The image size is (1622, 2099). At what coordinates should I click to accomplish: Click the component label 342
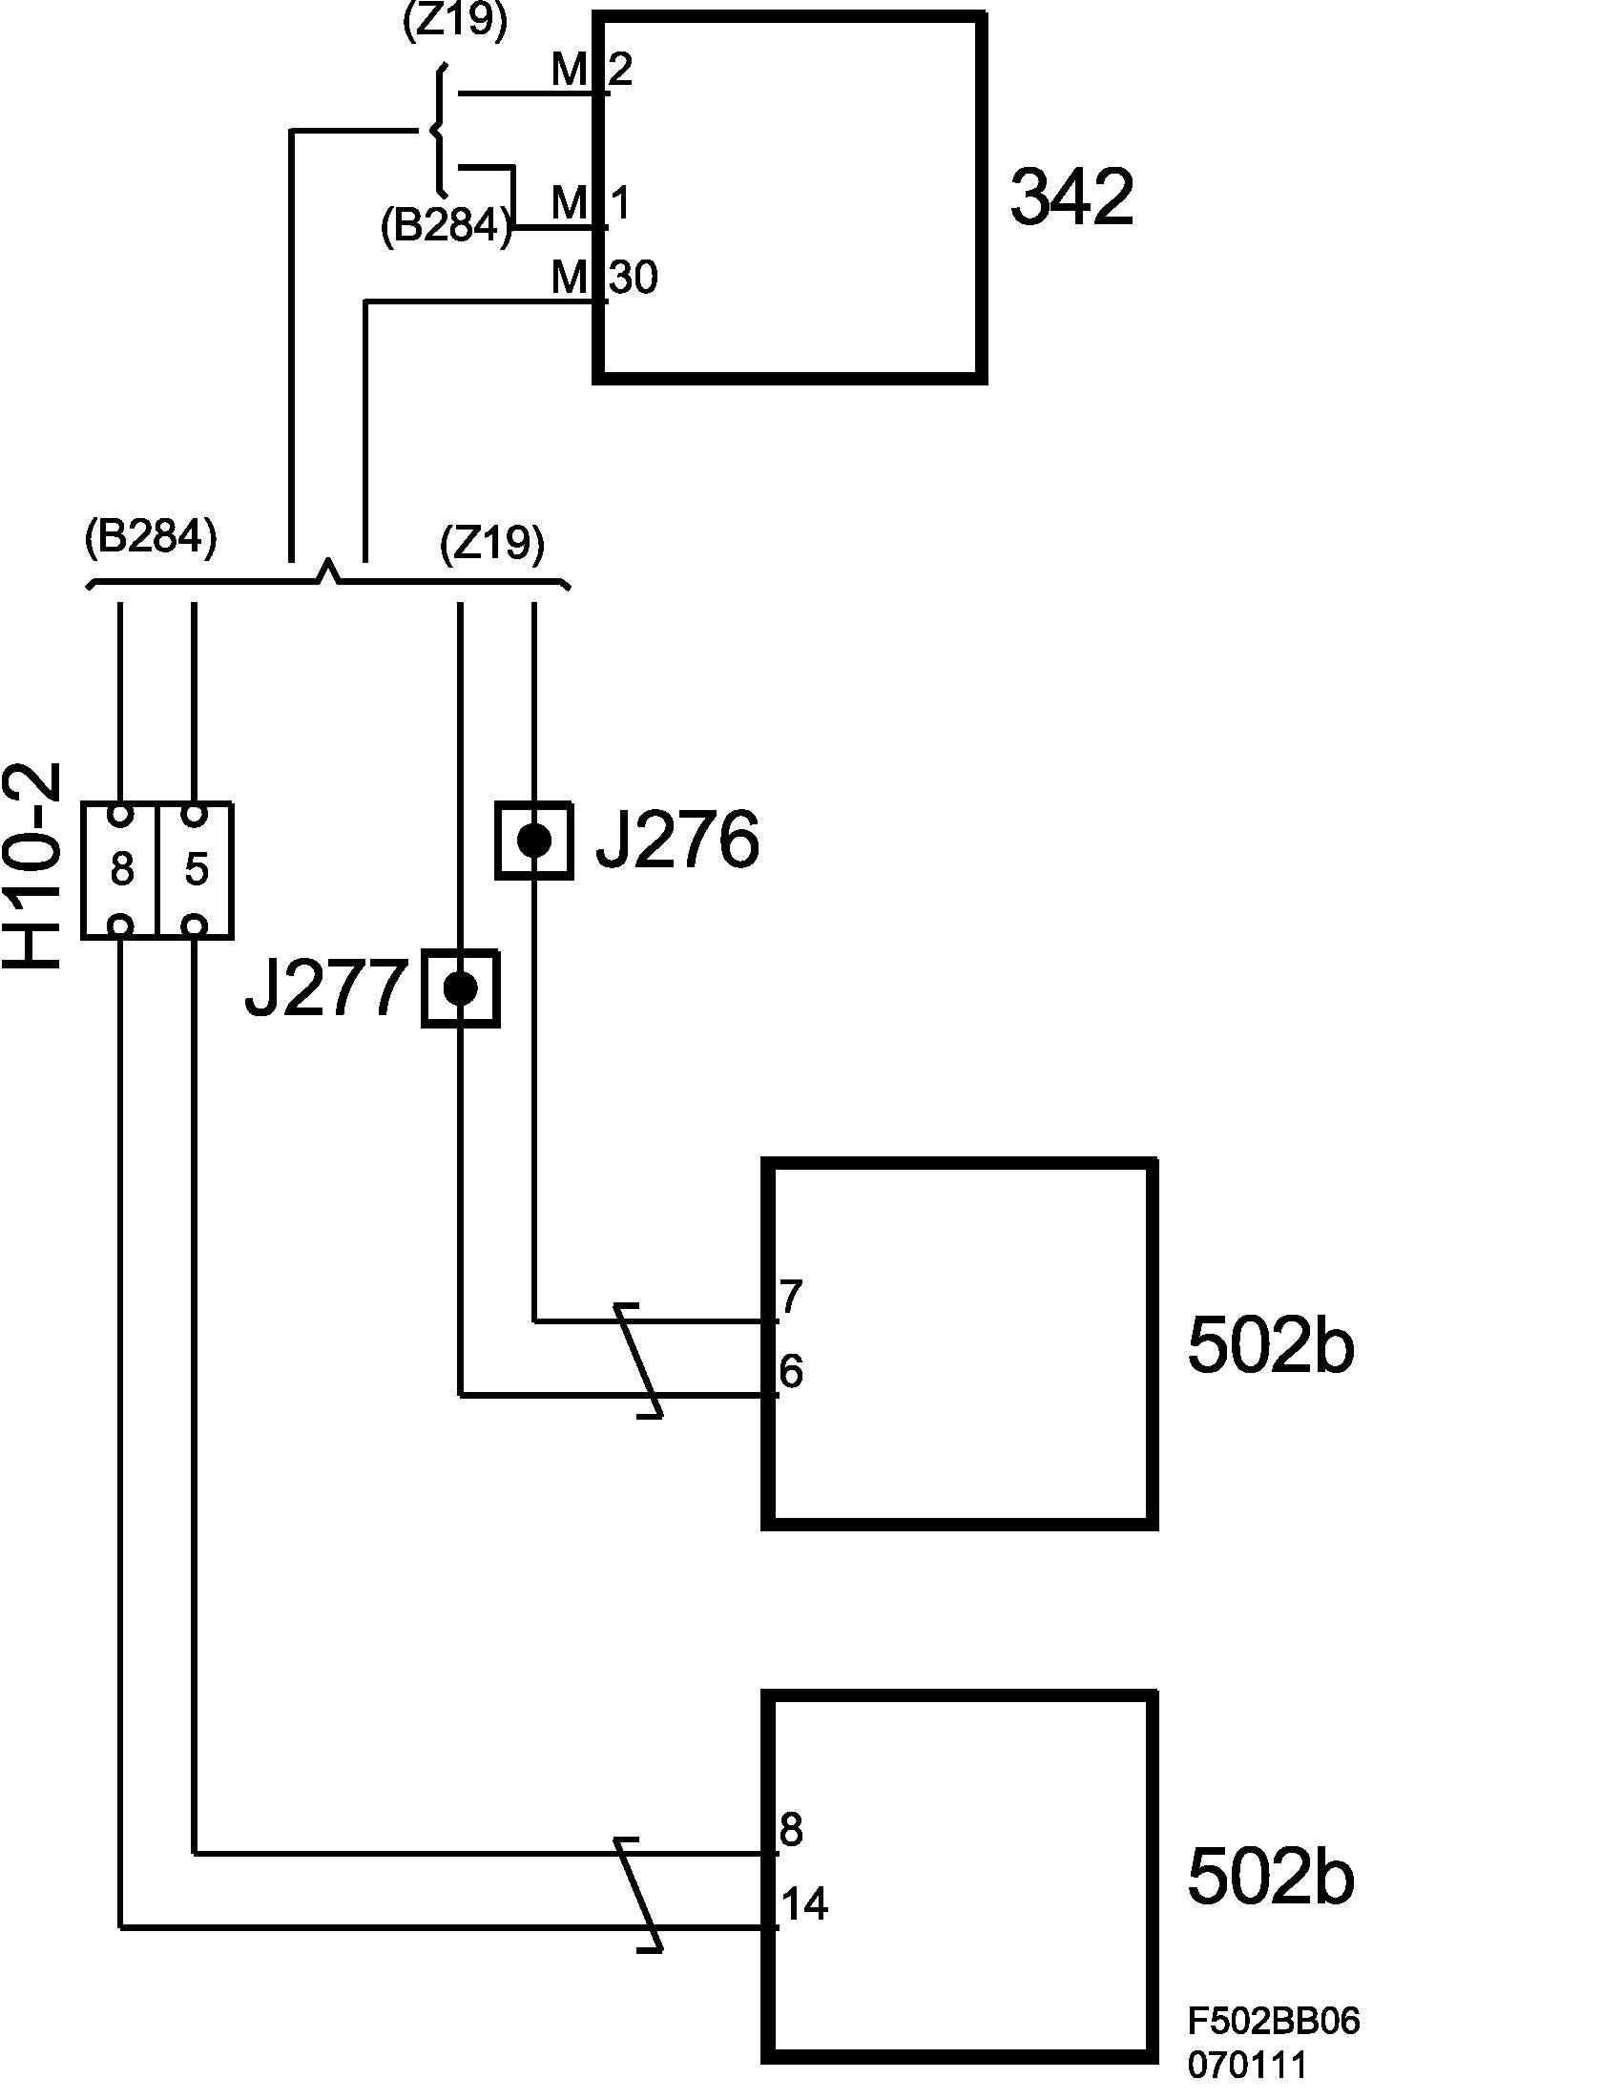(1071, 197)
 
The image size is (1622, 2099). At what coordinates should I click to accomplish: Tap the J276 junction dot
(534, 841)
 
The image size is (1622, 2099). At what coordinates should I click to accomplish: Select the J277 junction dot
(460, 988)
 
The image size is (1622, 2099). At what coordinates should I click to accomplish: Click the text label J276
(677, 841)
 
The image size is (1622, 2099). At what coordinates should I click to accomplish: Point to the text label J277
(325, 988)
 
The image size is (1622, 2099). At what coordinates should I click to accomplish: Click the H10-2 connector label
(33, 868)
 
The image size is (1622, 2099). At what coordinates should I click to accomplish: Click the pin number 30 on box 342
(634, 278)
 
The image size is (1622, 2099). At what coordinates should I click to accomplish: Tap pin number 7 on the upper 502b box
(791, 1297)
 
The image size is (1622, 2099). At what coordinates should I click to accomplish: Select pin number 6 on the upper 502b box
(791, 1371)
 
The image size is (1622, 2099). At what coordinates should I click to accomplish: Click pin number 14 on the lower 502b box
(804, 1904)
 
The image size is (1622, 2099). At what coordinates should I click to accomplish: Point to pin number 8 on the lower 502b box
(791, 1830)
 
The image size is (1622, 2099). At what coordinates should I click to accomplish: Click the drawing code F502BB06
(1273, 2022)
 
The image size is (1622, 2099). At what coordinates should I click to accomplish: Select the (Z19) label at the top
(454, 21)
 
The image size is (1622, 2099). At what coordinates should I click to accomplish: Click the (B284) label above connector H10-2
(151, 536)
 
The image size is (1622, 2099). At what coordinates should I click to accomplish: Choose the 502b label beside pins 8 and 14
(1270, 1877)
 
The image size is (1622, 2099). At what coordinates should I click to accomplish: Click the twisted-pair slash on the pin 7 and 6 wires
(638, 1360)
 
